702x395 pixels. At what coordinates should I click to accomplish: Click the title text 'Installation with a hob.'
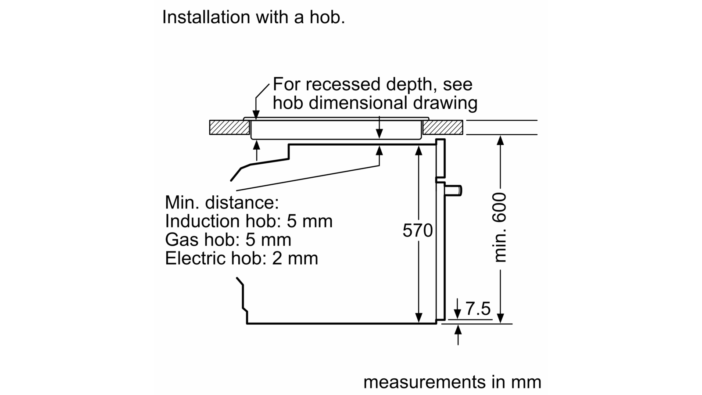[254, 17]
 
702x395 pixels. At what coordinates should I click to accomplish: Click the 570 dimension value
[417, 230]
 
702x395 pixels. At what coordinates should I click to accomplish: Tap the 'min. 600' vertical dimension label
[500, 227]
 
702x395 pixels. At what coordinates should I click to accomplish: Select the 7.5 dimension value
[478, 309]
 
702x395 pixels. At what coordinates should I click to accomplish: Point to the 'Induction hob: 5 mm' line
[248, 221]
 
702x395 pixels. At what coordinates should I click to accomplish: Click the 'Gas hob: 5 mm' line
[228, 240]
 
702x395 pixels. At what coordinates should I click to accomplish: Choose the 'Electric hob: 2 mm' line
[241, 258]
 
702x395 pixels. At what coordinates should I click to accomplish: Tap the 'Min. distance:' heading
[222, 202]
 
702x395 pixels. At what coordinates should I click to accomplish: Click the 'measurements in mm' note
[452, 382]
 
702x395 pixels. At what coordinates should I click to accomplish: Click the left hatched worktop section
[230, 127]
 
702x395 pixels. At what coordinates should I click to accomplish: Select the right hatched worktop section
[443, 127]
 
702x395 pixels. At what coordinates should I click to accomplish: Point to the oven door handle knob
[453, 190]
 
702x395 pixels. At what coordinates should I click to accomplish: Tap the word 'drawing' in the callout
[445, 103]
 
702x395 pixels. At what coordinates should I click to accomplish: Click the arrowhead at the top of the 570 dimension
[419, 151]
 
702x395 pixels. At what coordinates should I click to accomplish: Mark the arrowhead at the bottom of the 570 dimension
[419, 318]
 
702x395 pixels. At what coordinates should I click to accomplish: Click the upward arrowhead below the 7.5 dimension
[458, 330]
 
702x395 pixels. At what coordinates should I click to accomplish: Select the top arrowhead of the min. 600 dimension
[500, 140]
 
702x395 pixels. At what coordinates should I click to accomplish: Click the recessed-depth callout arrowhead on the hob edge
[256, 115]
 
